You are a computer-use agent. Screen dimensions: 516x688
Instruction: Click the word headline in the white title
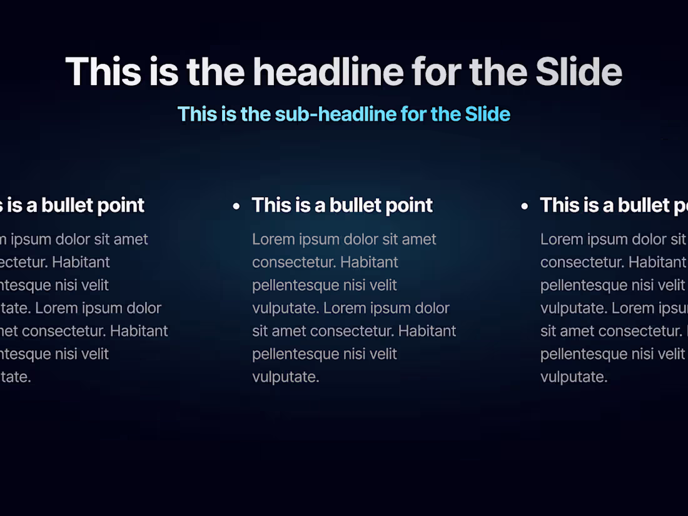pos(326,71)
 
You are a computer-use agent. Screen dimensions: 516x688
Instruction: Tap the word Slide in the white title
pos(579,71)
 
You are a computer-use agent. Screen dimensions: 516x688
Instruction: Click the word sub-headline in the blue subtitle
pos(335,114)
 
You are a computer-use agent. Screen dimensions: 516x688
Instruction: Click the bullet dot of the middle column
pos(236,206)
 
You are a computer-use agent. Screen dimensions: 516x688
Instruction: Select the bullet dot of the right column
pos(524,206)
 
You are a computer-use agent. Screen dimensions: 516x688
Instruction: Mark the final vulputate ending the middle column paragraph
pos(285,377)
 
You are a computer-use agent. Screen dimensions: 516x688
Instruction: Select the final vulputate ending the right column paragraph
pos(574,377)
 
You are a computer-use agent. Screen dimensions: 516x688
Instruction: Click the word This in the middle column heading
pos(270,205)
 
